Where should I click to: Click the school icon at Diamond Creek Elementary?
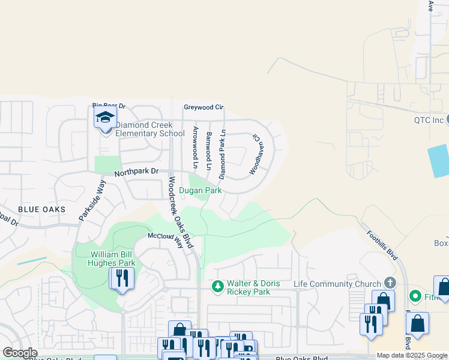point(105,117)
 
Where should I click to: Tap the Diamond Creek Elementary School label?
point(149,130)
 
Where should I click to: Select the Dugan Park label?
point(201,191)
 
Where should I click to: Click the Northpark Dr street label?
point(137,172)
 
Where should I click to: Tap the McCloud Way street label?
point(165,236)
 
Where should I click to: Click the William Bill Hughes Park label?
point(105,259)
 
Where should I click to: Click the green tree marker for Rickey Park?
point(218,287)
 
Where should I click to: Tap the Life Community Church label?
point(337,283)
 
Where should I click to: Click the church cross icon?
point(390,283)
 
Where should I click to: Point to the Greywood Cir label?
point(203,107)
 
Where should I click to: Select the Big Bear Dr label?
point(108,106)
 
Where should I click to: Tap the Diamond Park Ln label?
point(222,154)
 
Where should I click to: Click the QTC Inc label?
point(429,120)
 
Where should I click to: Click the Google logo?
point(20,353)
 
